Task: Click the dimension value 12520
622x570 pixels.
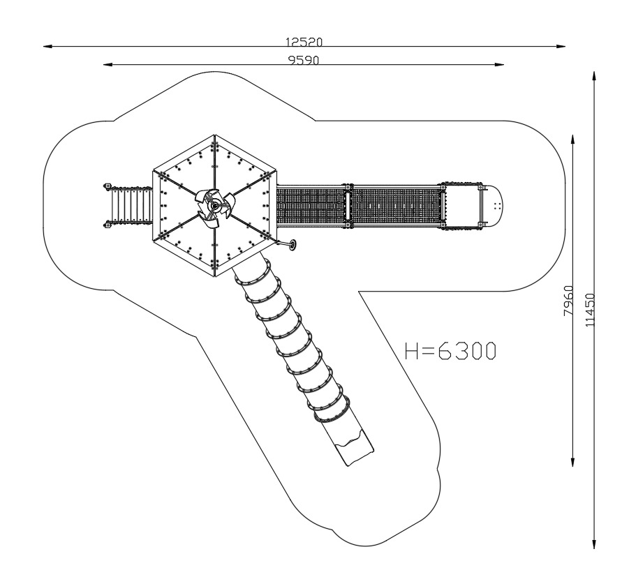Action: [304, 42]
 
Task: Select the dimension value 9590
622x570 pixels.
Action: [304, 60]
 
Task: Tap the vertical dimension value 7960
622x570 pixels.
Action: [568, 301]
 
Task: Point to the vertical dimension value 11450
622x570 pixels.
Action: [591, 310]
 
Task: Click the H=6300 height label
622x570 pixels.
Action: [450, 351]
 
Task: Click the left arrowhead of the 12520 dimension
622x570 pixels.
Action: [47, 46]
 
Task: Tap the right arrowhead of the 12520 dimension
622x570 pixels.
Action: [561, 46]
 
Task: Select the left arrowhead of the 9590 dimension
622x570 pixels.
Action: [108, 64]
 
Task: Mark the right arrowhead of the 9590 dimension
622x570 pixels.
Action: [499, 64]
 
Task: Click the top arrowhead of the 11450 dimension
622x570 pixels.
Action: [594, 76]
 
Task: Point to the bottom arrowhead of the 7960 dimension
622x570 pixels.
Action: [573, 462]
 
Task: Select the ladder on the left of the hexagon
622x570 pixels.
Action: [128, 206]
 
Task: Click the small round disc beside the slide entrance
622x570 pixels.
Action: [293, 245]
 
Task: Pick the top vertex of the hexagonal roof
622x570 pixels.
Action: [214, 135]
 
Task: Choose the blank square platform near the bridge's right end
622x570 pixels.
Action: [462, 206]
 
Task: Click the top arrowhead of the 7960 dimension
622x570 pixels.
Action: [573, 140]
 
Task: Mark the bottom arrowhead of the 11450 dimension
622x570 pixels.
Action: [594, 544]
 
